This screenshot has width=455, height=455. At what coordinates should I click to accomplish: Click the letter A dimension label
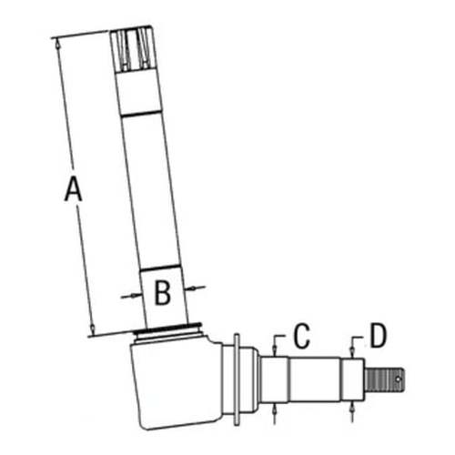tap(73, 190)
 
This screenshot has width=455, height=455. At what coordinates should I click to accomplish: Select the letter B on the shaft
tap(162, 294)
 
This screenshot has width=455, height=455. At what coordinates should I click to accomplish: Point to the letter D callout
tap(378, 336)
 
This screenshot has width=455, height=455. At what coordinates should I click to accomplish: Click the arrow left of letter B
tap(128, 295)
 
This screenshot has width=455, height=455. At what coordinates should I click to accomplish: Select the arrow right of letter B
tap(196, 288)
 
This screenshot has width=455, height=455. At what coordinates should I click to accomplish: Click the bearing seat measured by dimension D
tap(352, 376)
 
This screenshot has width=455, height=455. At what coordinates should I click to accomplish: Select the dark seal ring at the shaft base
tap(167, 329)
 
